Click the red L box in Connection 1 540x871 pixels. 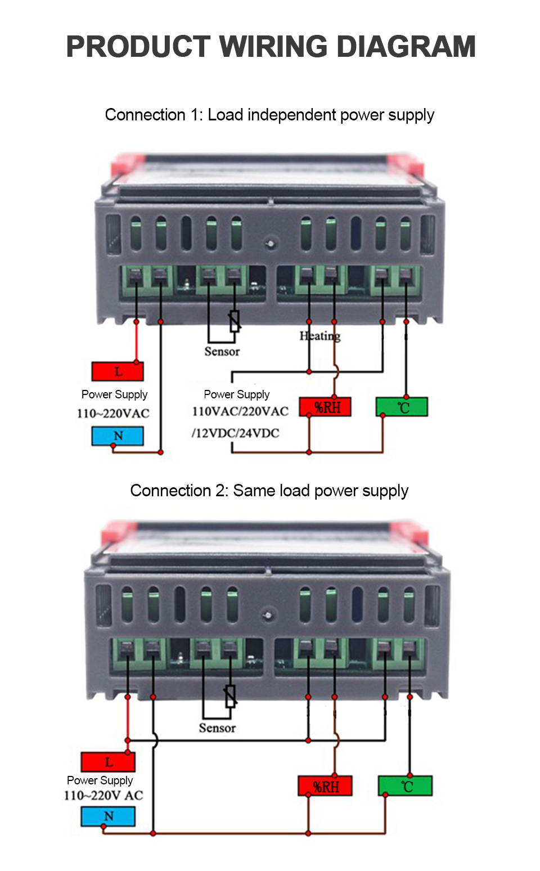pyautogui.click(x=118, y=371)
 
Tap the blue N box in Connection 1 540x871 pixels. pyautogui.click(x=118, y=436)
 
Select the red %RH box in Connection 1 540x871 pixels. pyautogui.click(x=325, y=407)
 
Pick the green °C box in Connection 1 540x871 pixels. pyautogui.click(x=402, y=407)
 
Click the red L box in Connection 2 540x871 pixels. pyautogui.click(x=108, y=762)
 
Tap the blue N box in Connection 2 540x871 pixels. pyautogui.click(x=108, y=816)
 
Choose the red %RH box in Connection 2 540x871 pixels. pyautogui.click(x=325, y=786)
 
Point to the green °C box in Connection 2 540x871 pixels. pyautogui.click(x=406, y=786)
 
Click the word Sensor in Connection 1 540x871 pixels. pyautogui.click(x=222, y=352)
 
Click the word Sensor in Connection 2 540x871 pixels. pyautogui.click(x=217, y=728)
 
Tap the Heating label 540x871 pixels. pyautogui.click(x=320, y=336)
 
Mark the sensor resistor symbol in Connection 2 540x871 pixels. pyautogui.click(x=230, y=696)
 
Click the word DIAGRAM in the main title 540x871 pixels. pyautogui.click(x=406, y=47)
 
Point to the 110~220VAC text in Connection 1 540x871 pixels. pyautogui.click(x=113, y=414)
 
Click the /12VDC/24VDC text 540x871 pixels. pyautogui.click(x=235, y=433)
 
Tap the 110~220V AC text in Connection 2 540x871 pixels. pyautogui.click(x=103, y=796)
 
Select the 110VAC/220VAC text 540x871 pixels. pyautogui.click(x=240, y=411)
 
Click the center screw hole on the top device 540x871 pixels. pyautogui.click(x=271, y=244)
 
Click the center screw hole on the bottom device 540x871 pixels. pyautogui.click(x=269, y=614)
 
